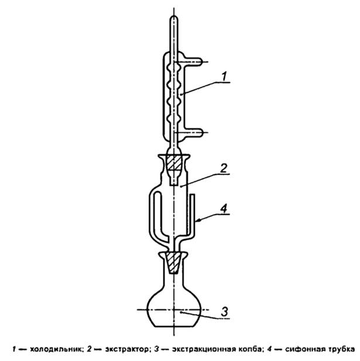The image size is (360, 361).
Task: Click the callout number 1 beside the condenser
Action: coord(224,77)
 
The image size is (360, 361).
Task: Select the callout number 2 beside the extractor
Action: coord(224,169)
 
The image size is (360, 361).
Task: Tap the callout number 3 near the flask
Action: coord(225,311)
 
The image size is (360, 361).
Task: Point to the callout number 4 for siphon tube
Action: coord(224,209)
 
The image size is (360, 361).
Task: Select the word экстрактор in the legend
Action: coord(126,349)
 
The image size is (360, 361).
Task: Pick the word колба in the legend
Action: coord(249,349)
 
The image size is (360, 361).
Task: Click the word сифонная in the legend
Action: coord(303,349)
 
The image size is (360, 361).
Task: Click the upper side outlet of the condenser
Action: coord(193,61)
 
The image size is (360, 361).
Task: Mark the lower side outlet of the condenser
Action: coord(193,133)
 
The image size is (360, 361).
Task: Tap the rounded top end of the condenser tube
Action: coord(174,18)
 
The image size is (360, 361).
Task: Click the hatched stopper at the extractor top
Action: coord(174,163)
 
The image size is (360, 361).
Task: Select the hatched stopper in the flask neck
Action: coord(174,263)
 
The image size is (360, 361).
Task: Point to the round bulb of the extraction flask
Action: coord(174,309)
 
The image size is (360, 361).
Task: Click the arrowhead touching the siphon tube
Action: coord(198,221)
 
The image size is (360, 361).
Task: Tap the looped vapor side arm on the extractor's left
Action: coord(159,216)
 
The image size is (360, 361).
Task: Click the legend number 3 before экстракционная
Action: coord(157,349)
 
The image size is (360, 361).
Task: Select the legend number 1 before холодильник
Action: coord(15,349)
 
